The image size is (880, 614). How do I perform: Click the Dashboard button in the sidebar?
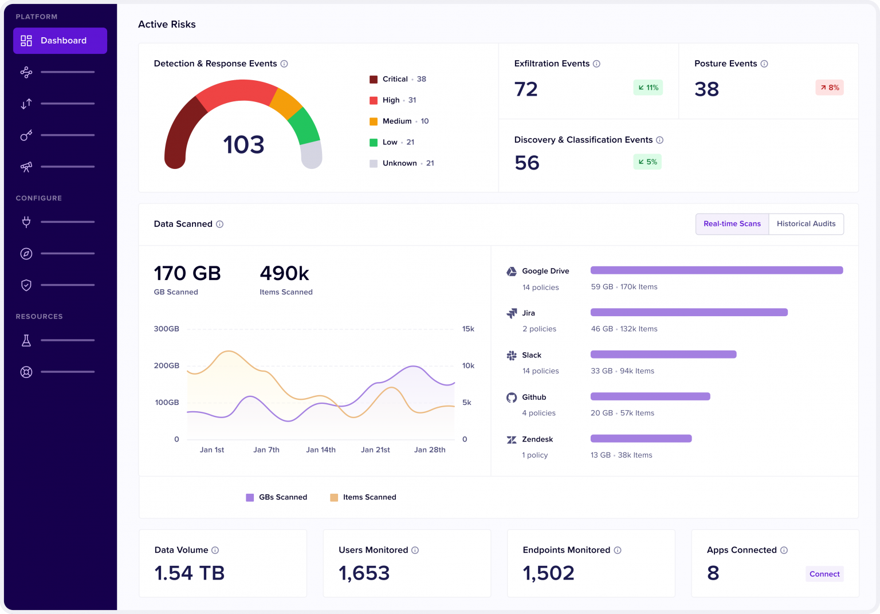[60, 41]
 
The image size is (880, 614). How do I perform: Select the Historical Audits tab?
[806, 223]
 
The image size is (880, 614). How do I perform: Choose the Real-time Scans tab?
[732, 223]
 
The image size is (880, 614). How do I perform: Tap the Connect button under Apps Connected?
[824, 574]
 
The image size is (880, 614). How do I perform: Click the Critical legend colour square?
[373, 80]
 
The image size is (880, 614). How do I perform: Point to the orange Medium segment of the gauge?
[286, 103]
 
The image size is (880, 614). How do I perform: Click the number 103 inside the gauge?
[243, 144]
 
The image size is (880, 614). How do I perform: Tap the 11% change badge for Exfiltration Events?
[648, 88]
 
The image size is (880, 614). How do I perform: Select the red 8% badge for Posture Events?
[830, 88]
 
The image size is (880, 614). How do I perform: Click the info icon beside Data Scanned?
[219, 225]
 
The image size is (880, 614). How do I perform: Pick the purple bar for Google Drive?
[717, 270]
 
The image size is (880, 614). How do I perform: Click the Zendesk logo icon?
[511, 439]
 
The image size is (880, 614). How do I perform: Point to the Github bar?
[650, 396]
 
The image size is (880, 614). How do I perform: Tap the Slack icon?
[511, 356]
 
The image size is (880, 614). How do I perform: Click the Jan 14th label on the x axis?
[321, 450]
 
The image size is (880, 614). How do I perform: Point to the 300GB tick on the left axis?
[166, 329]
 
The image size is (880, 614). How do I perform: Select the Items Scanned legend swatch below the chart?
[334, 498]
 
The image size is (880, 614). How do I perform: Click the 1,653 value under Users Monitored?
[364, 573]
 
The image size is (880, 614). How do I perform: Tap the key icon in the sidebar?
[26, 136]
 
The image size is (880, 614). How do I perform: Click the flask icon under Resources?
[26, 341]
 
